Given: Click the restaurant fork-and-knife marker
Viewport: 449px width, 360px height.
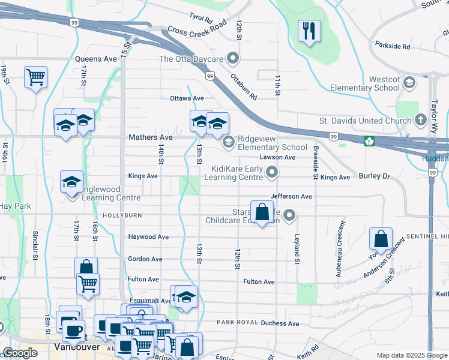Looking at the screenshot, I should click(309, 31).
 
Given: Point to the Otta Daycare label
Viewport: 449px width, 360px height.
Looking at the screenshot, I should click(191, 59).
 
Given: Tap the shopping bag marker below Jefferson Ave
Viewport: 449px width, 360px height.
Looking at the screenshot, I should click(262, 212).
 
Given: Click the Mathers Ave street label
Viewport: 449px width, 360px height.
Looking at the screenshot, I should click(150, 137).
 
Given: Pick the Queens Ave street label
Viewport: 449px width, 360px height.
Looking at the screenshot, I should click(96, 59).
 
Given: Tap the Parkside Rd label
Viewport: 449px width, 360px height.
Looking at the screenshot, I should click(392, 46).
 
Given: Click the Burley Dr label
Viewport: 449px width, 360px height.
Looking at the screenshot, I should click(375, 177).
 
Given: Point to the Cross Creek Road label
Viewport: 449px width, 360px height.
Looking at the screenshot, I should click(197, 27).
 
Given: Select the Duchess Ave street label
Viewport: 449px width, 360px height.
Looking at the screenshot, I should click(280, 323).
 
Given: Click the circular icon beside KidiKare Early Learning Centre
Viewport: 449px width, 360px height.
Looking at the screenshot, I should click(272, 173).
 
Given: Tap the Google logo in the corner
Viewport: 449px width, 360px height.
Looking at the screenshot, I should click(20, 353).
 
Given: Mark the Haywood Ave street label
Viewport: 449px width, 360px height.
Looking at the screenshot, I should click(148, 237).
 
